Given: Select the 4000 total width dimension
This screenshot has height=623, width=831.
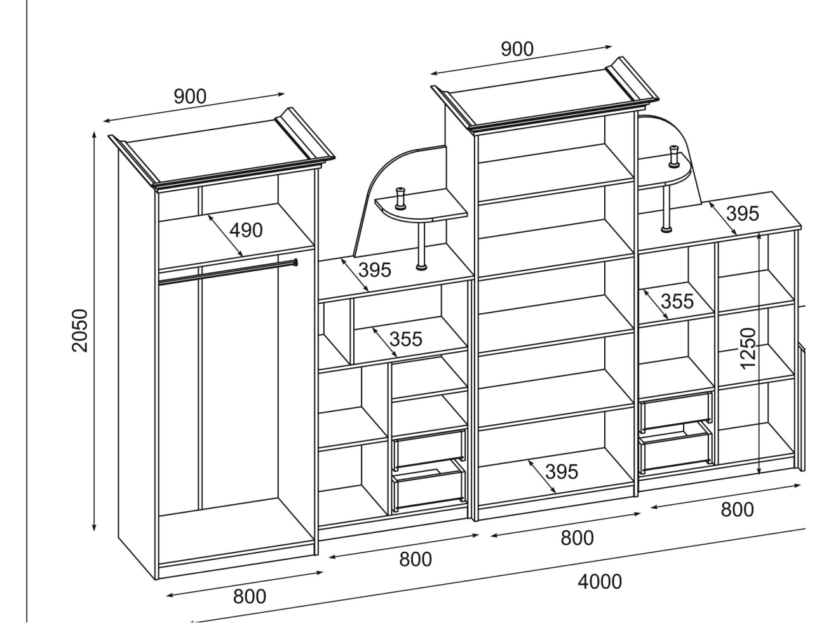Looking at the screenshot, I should [600, 581].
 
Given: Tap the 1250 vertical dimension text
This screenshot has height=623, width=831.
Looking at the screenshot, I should [750, 348].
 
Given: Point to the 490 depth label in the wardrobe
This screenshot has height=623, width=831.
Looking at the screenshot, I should [246, 231].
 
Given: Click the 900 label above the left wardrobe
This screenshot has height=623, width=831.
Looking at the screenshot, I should [190, 97].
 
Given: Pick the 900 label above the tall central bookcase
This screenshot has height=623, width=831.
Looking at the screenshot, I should [517, 49].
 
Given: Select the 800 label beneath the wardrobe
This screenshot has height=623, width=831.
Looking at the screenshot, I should [250, 597].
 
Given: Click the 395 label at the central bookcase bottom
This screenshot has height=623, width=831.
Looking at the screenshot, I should [562, 472].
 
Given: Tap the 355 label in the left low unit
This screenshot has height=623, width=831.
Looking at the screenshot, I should [405, 339].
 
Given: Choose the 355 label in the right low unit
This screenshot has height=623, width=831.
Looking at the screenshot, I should [677, 301].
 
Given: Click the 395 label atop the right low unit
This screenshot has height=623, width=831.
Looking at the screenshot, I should [742, 213].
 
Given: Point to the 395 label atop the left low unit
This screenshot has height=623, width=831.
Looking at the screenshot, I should [375, 270].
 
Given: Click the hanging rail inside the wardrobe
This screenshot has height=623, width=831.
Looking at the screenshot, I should [226, 271].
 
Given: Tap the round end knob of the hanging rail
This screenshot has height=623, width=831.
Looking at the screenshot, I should [295, 262].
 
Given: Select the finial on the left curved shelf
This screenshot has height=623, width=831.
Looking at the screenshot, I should [401, 198].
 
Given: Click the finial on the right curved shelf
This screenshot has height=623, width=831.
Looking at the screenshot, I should [672, 156].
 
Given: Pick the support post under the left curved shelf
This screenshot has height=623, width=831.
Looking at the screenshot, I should [421, 245].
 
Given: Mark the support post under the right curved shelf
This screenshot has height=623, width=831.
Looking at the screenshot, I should [666, 207].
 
